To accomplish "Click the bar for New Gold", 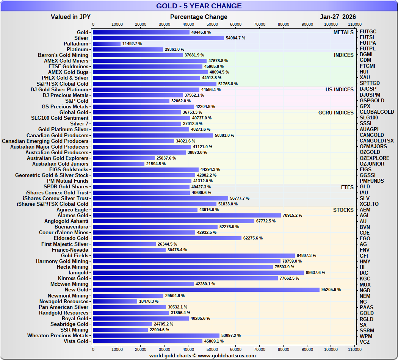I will coord(206,290).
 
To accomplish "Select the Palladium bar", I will coord(107,44).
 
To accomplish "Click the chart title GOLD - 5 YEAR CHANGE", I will coord(199,6).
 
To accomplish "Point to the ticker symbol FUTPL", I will coord(368,49).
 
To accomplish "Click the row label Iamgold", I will coord(78,273).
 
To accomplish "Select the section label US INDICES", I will coord(339,90).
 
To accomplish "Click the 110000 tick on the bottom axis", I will coord(355,349).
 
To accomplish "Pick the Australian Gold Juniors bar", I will coord(119,164).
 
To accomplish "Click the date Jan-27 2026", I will coord(338,17).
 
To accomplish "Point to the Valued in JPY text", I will coord(71,17).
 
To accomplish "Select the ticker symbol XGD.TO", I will coord(369,204).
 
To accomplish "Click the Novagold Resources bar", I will coord(115,301).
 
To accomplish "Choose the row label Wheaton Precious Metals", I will coord(58,335).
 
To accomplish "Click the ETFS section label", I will coord(347,187).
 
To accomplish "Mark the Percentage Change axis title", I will coord(199,17).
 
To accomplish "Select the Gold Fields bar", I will coord(194,256).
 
